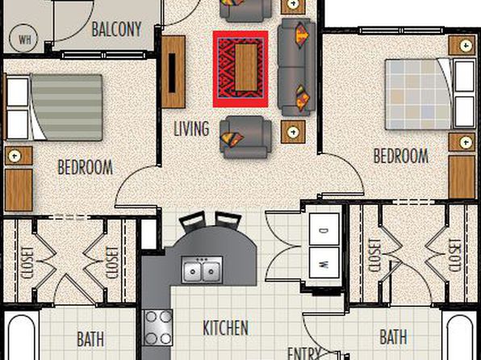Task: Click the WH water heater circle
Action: point(23,39)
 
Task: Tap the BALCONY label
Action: point(116,30)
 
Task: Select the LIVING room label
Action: point(191,128)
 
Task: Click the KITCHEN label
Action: point(225,328)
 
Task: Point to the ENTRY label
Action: point(304,354)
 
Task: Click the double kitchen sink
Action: point(202,270)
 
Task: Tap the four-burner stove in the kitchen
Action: point(158,328)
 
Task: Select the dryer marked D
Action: point(324,229)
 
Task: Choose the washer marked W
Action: point(324,262)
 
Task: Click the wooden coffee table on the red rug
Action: point(246,67)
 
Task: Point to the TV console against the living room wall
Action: point(174,72)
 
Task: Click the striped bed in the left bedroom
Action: point(54,107)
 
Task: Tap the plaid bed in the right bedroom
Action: point(430,94)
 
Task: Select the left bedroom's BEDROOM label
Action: point(86,167)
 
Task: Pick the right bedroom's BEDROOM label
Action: point(400,156)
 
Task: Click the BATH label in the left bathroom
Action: point(90,339)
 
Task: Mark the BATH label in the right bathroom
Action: point(393,337)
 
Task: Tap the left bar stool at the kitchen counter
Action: point(193,221)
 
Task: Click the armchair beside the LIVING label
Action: point(245,137)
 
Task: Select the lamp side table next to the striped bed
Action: point(19,156)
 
